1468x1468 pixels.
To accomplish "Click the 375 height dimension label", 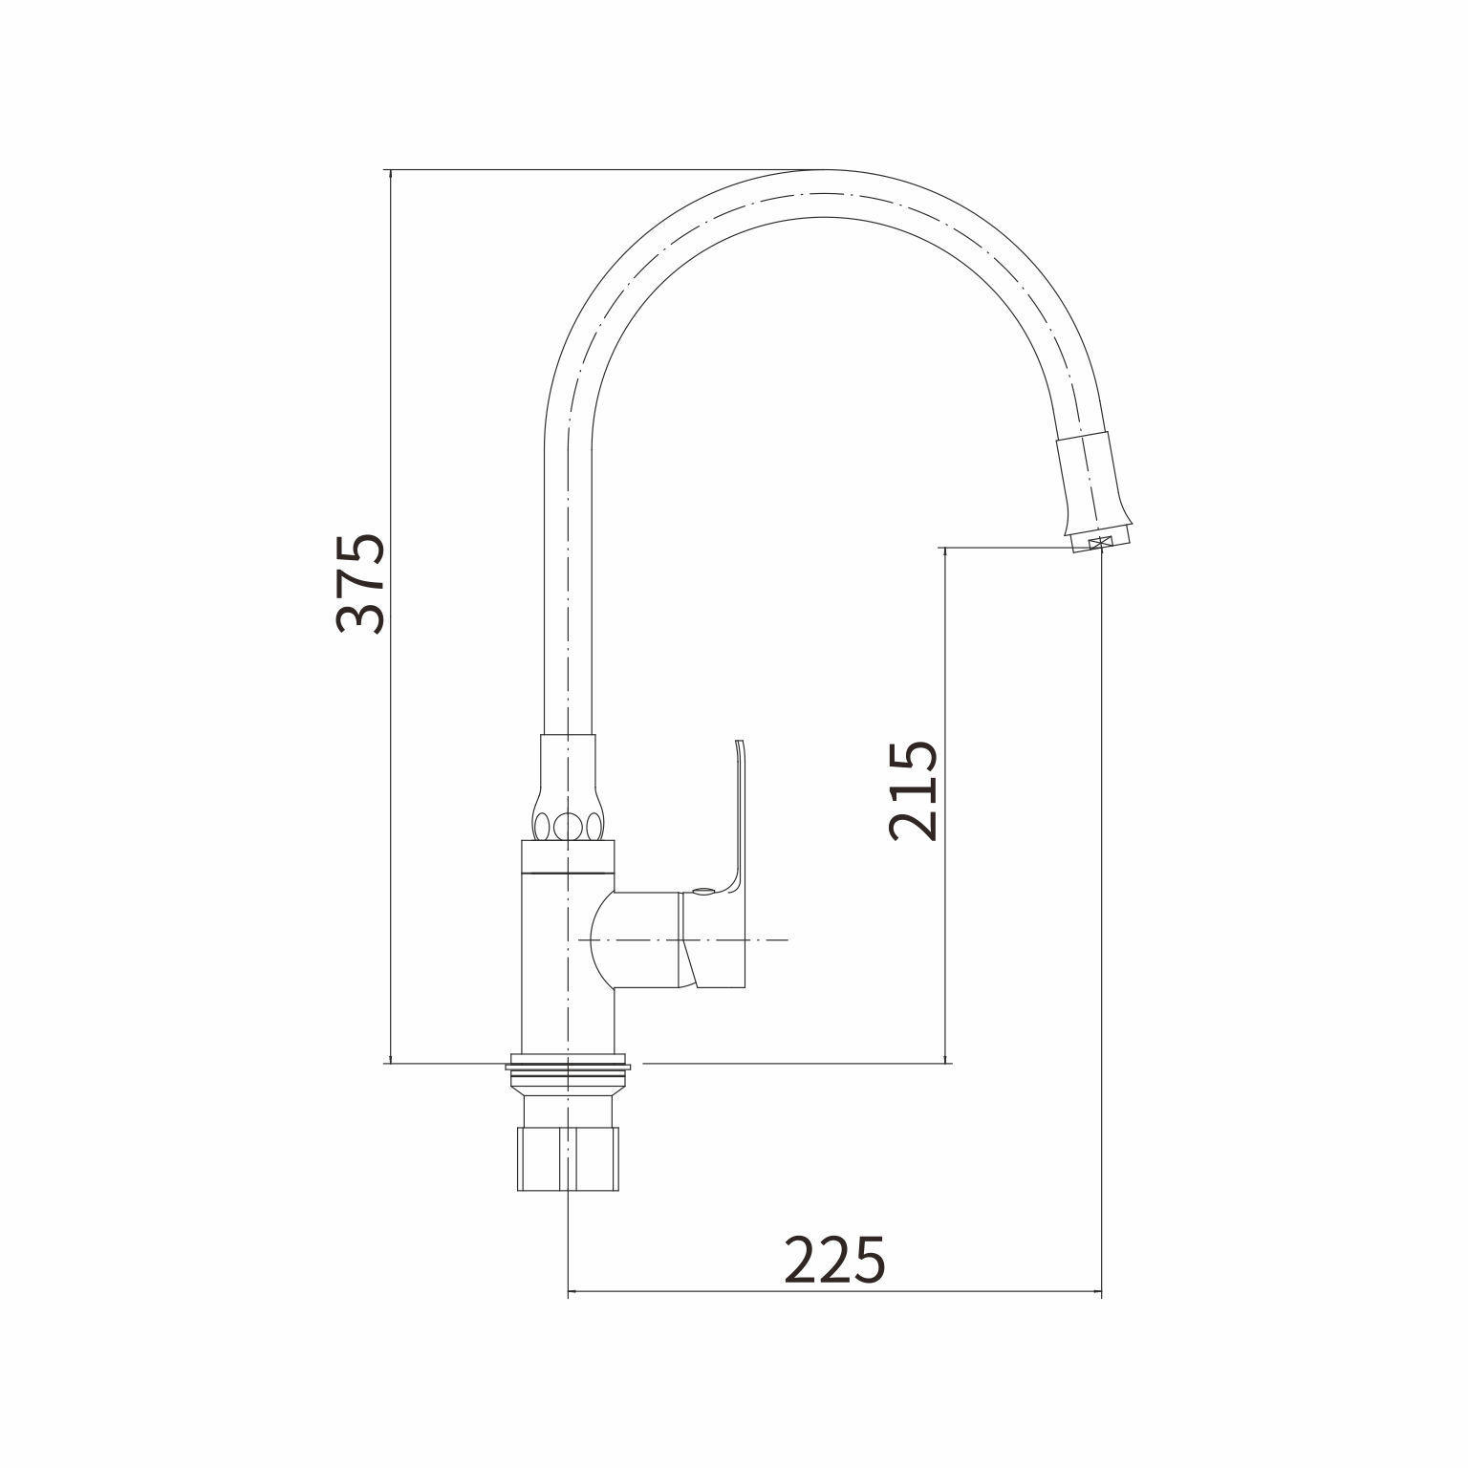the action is click(361, 582).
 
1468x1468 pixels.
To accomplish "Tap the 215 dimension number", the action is click(913, 790).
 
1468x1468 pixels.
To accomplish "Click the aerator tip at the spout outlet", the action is click(1099, 543).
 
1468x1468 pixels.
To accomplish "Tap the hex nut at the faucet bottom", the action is click(568, 1158).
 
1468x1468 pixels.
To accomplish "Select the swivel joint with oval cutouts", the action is click(568, 789).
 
